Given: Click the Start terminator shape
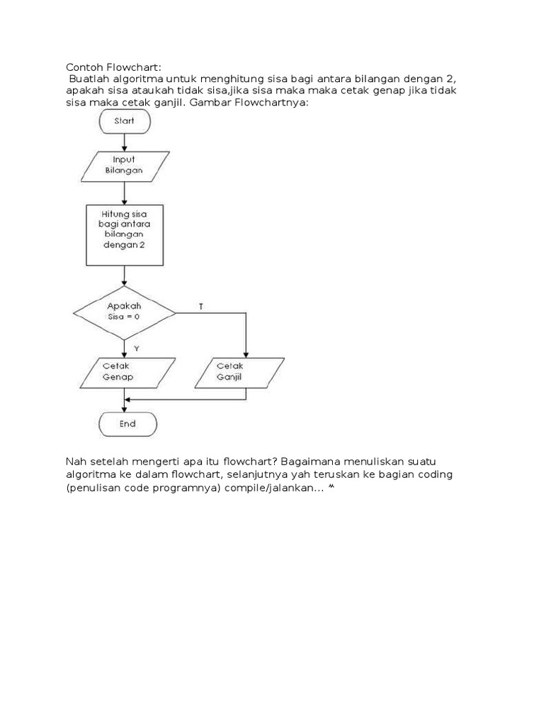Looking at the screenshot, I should (x=124, y=122).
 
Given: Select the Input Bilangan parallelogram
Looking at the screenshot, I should (x=124, y=165).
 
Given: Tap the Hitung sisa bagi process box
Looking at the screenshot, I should (x=124, y=235).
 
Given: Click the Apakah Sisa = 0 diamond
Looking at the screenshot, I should (x=124, y=312).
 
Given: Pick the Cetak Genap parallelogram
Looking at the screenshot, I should (x=124, y=372).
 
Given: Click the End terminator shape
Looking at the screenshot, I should (x=127, y=424).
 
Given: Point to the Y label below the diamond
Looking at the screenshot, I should (x=137, y=348).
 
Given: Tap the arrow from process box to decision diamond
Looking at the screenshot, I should (x=125, y=276).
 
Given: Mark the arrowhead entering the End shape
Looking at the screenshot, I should (x=125, y=410).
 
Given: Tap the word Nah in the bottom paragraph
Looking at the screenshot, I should (x=76, y=462).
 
